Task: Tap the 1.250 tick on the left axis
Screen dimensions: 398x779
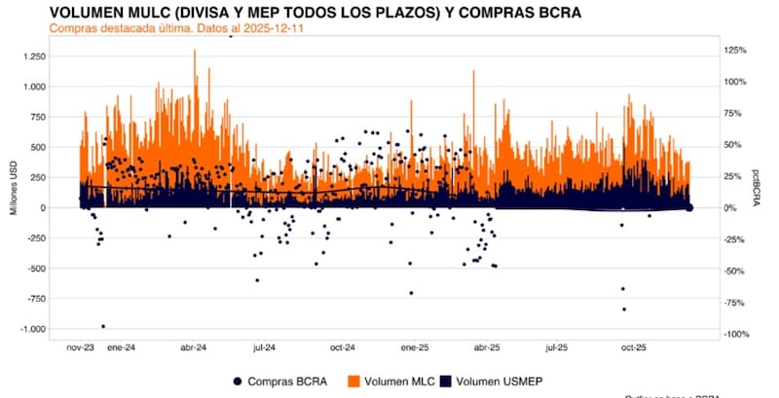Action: [x=32, y=57]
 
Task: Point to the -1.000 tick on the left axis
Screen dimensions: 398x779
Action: [x=31, y=329]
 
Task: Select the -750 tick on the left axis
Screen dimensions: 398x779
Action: [x=34, y=299]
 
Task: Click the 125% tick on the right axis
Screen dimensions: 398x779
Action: [x=735, y=50]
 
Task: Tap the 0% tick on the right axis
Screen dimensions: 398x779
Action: [x=730, y=208]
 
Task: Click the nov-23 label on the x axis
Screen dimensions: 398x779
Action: [x=82, y=346]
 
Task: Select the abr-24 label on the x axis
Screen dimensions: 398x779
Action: [x=194, y=346]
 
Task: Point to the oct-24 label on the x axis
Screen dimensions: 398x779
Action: [x=342, y=346]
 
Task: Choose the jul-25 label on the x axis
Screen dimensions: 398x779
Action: [x=557, y=346]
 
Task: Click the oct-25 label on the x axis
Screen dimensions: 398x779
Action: [x=634, y=346]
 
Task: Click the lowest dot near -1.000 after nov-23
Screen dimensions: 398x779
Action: [x=103, y=326]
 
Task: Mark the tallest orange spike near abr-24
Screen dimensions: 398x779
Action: [x=195, y=52]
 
